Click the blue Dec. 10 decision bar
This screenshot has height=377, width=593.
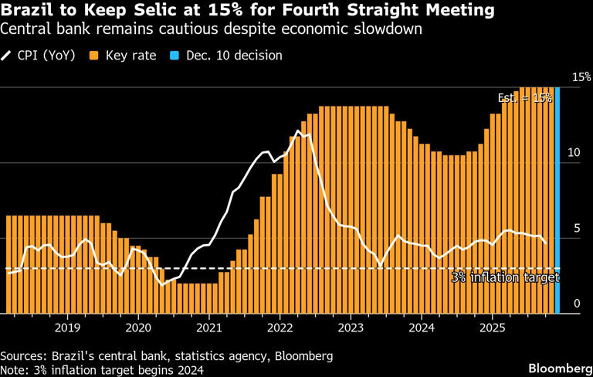coord(557,201)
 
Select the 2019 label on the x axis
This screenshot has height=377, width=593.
coord(67,328)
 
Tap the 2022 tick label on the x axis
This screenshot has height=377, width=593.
coord(280,328)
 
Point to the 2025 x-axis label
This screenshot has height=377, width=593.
coord(492,328)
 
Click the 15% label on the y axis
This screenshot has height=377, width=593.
coord(581,77)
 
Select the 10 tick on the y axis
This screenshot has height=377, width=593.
coord(574,153)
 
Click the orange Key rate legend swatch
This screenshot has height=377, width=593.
coord(93,56)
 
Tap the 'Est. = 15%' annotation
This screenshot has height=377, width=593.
coord(524,98)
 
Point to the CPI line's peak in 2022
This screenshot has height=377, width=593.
coord(301,133)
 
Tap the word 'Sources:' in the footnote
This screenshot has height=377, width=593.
coord(25,356)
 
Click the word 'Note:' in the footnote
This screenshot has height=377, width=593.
coord(16,370)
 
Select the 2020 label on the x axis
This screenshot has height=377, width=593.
coord(138,328)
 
